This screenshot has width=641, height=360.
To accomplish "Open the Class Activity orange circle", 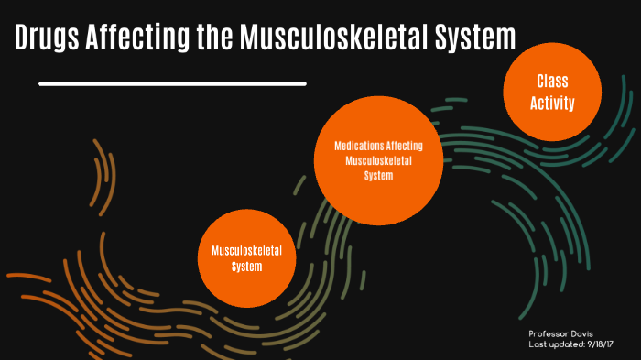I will [x=552, y=93].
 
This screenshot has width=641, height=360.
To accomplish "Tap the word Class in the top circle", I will [x=552, y=82].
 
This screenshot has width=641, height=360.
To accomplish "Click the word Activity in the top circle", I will [x=552, y=104].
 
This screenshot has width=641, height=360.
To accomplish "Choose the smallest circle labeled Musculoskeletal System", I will [x=247, y=259].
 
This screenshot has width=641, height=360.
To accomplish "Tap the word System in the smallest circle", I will [x=247, y=267].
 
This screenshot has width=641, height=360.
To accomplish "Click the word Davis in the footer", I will [x=582, y=333].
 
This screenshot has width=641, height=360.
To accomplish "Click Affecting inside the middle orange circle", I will [x=403, y=145].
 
